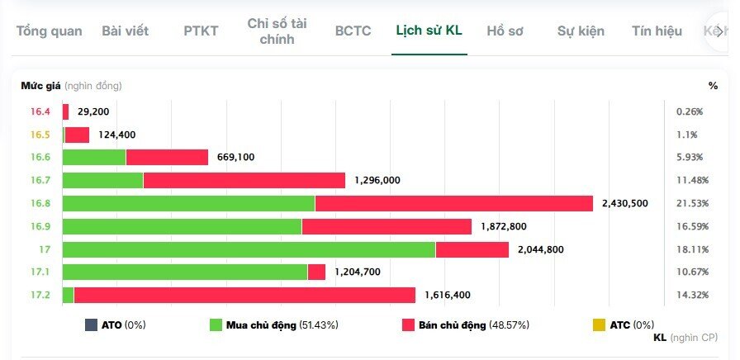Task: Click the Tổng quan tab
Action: (x=49, y=31)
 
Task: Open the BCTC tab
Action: (x=353, y=31)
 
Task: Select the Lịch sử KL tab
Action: (x=429, y=31)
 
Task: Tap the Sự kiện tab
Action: (x=581, y=31)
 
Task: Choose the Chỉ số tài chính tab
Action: (x=277, y=31)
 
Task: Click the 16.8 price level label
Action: (x=40, y=203)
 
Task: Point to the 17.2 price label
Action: (x=40, y=295)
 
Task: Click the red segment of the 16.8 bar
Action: (x=453, y=203)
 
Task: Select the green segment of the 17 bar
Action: (x=249, y=249)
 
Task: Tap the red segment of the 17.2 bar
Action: (x=244, y=295)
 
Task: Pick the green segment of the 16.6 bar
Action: (x=94, y=157)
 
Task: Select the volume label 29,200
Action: (x=93, y=111)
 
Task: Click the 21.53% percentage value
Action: (x=692, y=203)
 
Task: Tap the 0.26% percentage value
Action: (x=689, y=111)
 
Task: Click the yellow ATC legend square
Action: (x=600, y=325)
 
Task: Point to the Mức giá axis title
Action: (x=37, y=85)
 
